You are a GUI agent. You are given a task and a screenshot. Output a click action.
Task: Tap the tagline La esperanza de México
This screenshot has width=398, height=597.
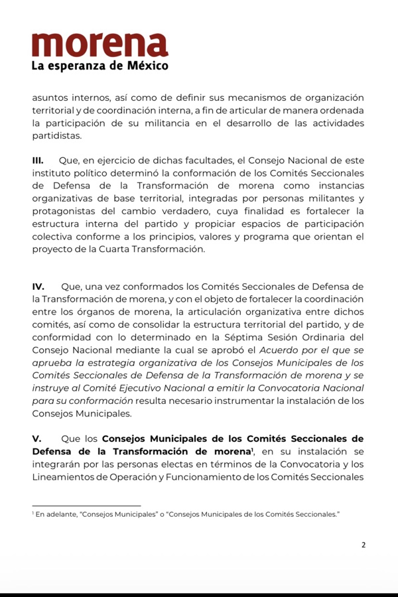point(99,66)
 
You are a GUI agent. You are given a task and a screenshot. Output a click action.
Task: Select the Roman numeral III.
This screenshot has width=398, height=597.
point(38,161)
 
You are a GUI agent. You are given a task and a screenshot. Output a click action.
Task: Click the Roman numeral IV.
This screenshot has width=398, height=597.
point(38,287)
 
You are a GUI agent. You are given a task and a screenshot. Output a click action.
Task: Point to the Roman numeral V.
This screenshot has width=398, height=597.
point(36,438)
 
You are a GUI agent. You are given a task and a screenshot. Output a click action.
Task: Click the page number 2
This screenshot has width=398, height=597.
point(363,545)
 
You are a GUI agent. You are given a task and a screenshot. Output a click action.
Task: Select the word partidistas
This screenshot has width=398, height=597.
point(56,135)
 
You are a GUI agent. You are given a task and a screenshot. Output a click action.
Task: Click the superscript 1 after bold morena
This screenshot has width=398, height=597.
point(252,449)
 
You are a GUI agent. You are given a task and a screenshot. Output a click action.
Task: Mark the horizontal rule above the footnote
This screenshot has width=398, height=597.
point(86,505)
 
